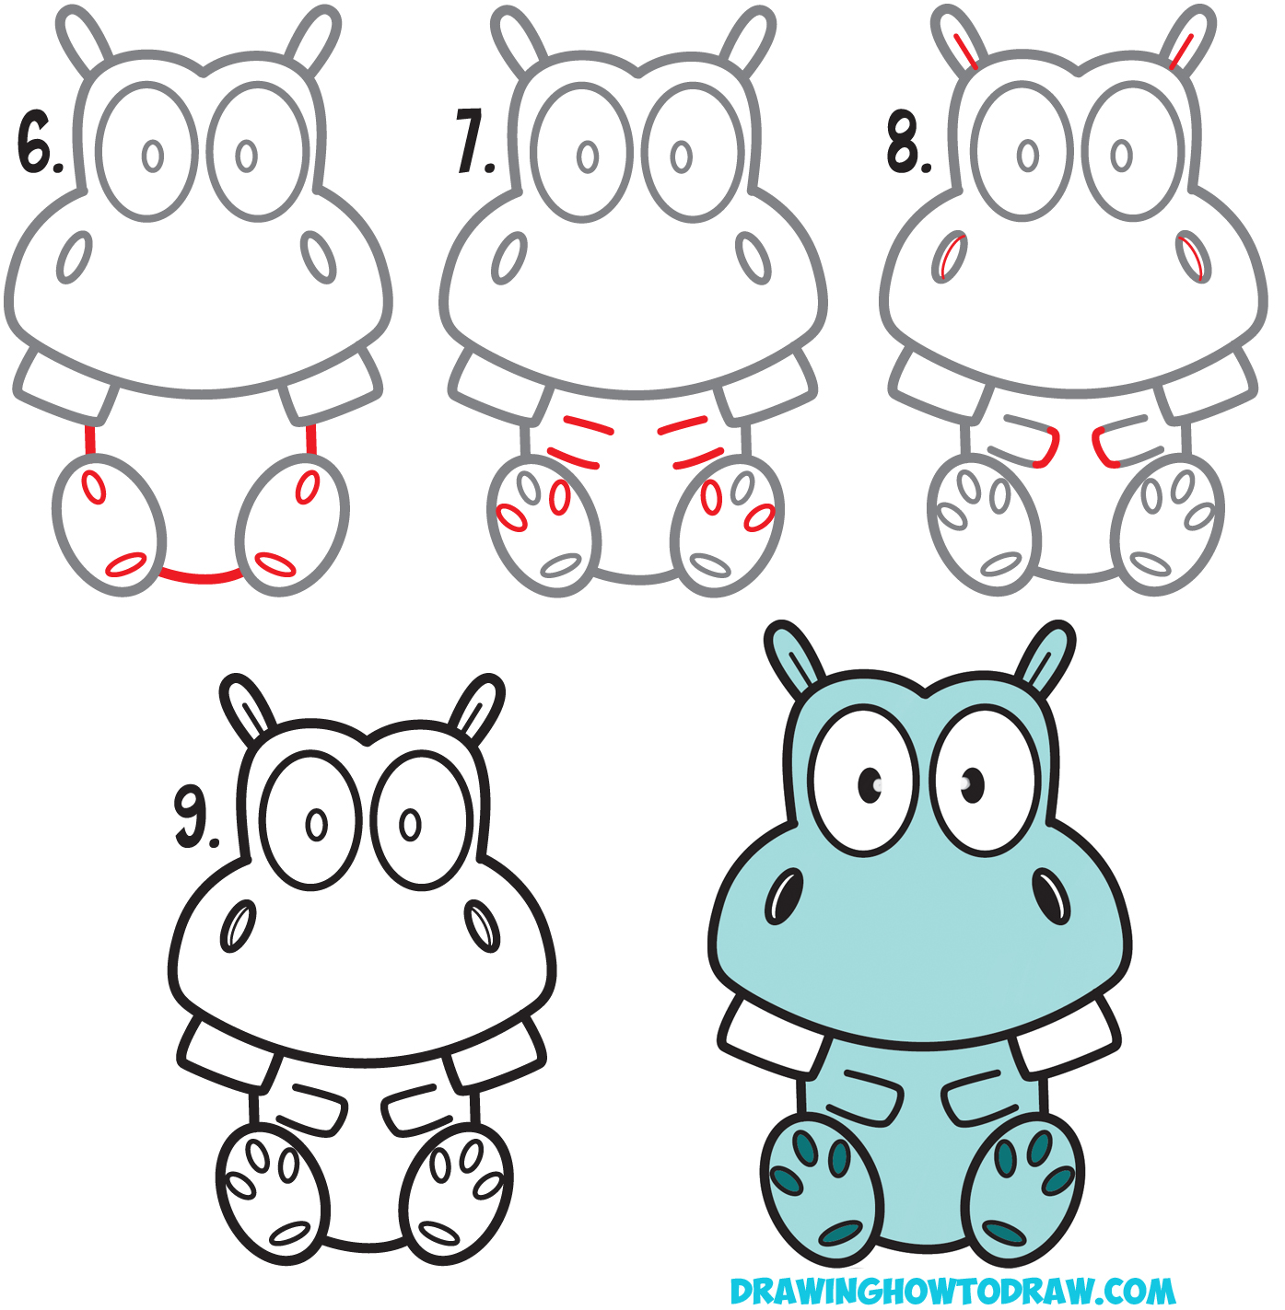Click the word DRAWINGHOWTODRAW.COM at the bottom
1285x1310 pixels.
coord(952,1290)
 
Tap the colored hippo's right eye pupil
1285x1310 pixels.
coord(972,784)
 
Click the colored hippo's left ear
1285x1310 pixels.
coord(795,655)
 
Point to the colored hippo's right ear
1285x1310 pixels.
coord(1046,655)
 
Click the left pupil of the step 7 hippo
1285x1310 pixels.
coord(588,157)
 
